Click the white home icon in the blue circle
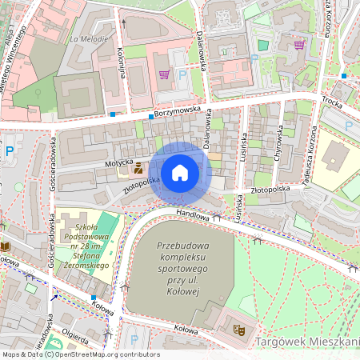pos(180,173)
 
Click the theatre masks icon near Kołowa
pos(238,329)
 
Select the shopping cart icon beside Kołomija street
pos(164,74)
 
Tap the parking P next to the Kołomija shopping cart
pos(182,75)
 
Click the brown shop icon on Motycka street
pos(138,168)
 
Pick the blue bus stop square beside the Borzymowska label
pos(150,116)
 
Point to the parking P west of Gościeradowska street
pos(10,150)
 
